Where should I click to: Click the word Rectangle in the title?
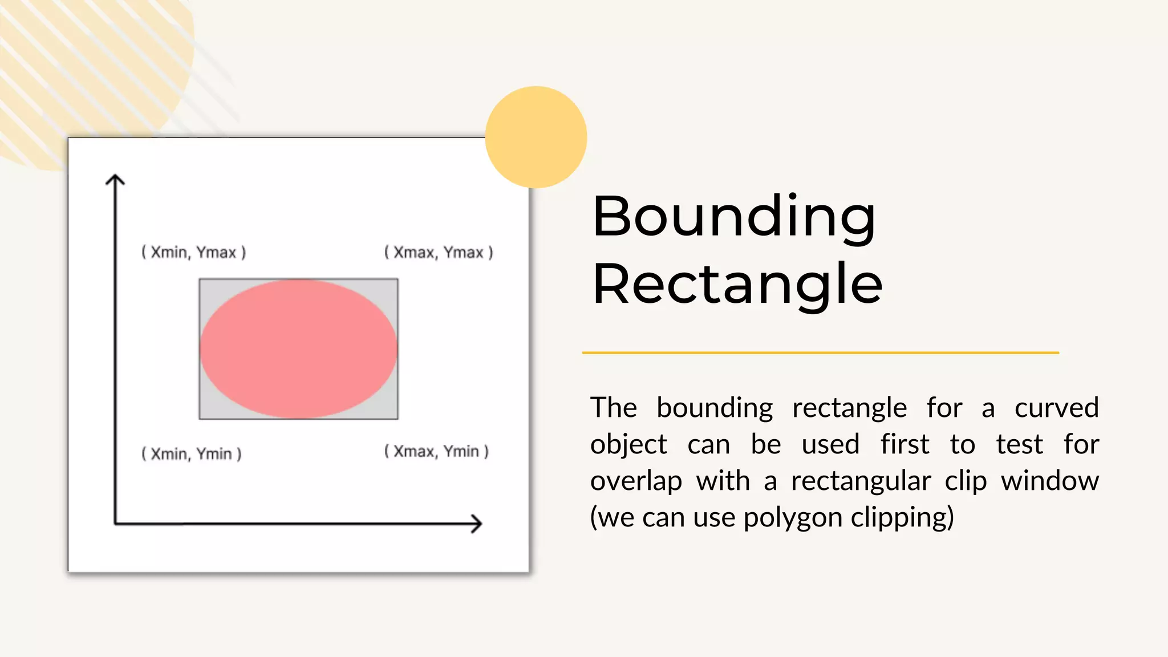click(x=737, y=284)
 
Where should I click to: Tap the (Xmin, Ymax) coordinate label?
click(x=193, y=252)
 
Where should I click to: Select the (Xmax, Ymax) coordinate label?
click(x=438, y=252)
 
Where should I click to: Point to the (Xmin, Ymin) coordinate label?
click(x=192, y=454)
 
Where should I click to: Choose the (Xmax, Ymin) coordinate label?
click(x=436, y=452)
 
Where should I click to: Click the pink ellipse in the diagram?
click(x=298, y=349)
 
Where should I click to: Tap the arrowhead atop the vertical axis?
click(x=115, y=180)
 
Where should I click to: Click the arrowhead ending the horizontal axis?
click(x=477, y=524)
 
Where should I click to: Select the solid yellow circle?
click(x=536, y=137)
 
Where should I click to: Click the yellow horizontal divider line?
click(x=820, y=352)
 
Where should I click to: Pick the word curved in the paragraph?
click(x=1056, y=408)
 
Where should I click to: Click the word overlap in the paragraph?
click(x=636, y=481)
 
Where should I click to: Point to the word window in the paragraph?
click(x=1050, y=481)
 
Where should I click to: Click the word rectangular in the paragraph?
click(x=861, y=481)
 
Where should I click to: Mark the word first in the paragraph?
click(x=905, y=444)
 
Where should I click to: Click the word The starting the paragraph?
click(x=613, y=408)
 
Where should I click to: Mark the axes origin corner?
click(x=115, y=523)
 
